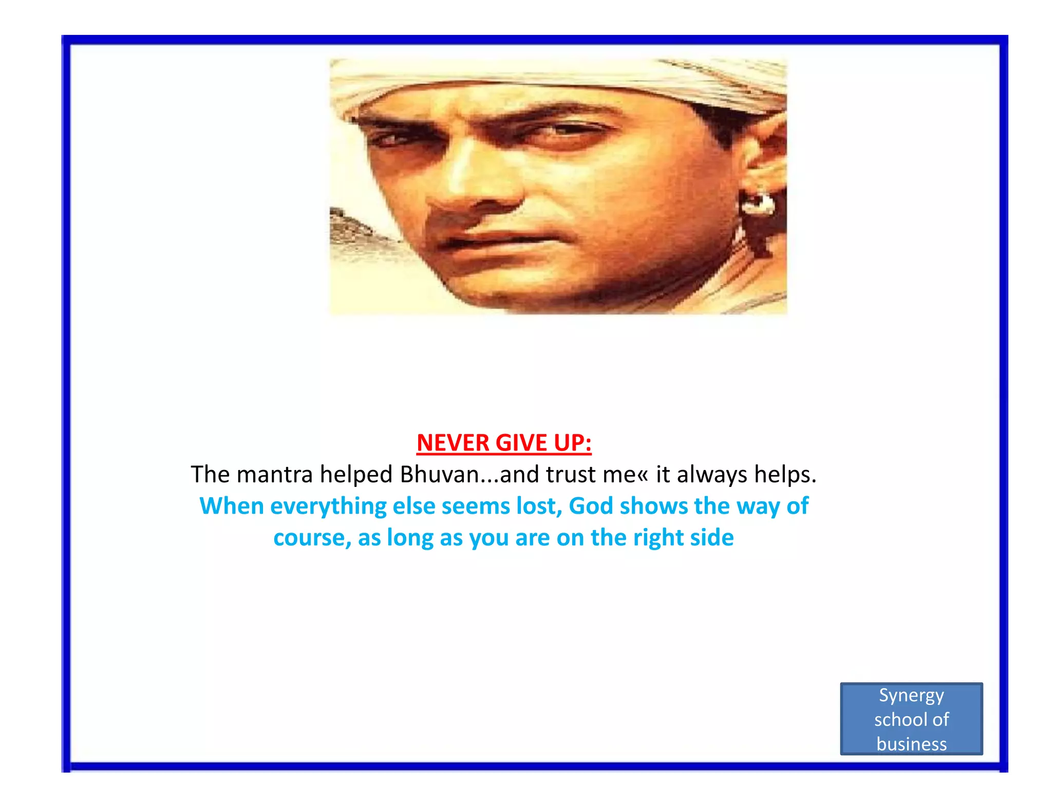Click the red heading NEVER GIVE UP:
pyautogui.click(x=504, y=443)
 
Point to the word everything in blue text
pyautogui.click(x=328, y=506)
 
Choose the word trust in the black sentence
pyautogui.click(x=571, y=475)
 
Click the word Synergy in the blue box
pyautogui.click(x=911, y=696)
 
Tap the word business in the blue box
pyautogui.click(x=911, y=744)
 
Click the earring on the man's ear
pyautogui.click(x=757, y=204)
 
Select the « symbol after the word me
pyautogui.click(x=643, y=476)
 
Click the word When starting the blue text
pyautogui.click(x=231, y=506)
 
